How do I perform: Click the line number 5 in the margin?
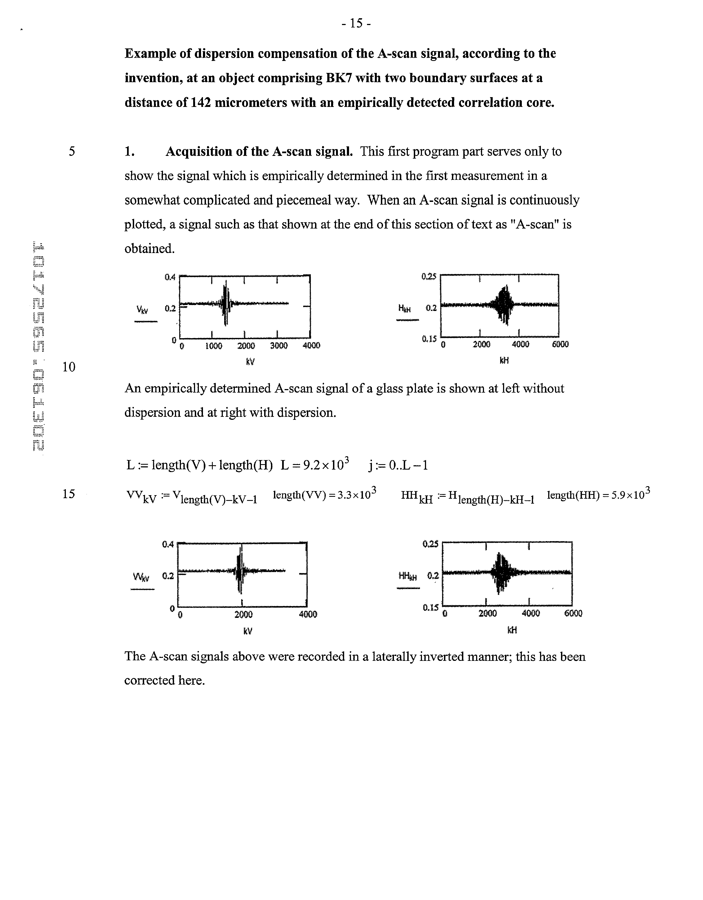(x=72, y=151)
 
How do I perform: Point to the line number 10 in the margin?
(x=69, y=366)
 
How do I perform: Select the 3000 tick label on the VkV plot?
(x=279, y=346)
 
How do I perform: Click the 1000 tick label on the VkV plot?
(x=214, y=346)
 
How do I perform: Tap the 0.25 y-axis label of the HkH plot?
(x=428, y=276)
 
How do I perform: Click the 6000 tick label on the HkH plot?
(x=560, y=344)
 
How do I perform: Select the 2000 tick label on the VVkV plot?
(x=243, y=614)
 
